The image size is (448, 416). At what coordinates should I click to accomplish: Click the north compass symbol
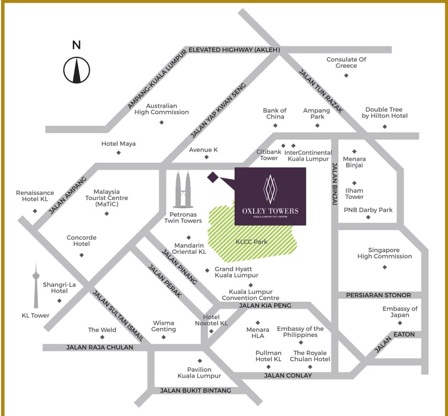tap(76, 70)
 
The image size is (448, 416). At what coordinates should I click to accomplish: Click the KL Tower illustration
tap(36, 285)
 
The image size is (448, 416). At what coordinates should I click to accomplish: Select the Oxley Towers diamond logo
tap(270, 189)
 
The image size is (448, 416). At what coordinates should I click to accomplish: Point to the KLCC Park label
tap(251, 242)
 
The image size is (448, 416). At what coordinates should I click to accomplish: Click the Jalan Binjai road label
tap(335, 184)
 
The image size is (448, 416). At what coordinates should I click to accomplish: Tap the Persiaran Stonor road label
tap(378, 295)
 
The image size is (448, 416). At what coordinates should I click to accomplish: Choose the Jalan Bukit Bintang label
tap(196, 391)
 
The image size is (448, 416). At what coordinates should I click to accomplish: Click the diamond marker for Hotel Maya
tap(119, 153)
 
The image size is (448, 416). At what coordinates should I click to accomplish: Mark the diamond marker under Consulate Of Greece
tap(346, 76)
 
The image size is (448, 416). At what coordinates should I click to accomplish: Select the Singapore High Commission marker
tap(385, 268)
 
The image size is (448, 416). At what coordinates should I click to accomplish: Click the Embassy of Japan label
tap(400, 312)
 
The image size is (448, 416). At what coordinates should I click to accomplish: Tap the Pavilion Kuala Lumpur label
tap(199, 373)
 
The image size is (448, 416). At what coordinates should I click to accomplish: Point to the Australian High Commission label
tap(162, 109)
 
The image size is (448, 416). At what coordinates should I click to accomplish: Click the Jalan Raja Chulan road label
tap(100, 348)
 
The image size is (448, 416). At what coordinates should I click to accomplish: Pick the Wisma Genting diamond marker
tap(164, 337)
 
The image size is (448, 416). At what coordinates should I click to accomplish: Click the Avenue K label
tap(203, 150)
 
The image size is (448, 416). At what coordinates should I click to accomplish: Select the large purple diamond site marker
tap(213, 177)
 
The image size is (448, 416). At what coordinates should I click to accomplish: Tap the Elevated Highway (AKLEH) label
tap(234, 50)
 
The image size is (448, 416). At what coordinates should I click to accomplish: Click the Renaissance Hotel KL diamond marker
tap(35, 211)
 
